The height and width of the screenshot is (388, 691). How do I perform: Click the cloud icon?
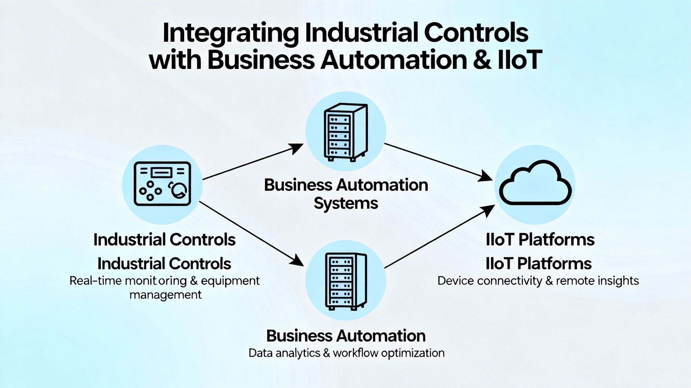(x=535, y=183)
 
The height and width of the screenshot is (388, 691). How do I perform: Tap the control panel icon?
(x=162, y=184)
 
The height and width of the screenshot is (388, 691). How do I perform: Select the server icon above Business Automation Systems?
(x=345, y=132)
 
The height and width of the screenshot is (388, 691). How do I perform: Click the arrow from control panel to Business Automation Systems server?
(x=252, y=162)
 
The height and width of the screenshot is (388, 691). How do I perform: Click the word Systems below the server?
(x=346, y=203)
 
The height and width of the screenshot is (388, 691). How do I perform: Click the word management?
(x=165, y=295)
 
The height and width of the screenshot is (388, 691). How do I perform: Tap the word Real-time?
(x=96, y=281)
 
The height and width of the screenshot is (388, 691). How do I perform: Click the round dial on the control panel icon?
(x=178, y=190)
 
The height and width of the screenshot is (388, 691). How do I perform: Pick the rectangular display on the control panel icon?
(x=161, y=172)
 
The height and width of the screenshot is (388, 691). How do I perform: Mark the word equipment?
(x=230, y=281)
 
